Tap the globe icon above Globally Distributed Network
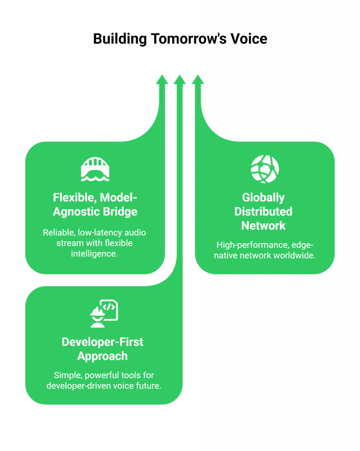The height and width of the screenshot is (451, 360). (265, 169)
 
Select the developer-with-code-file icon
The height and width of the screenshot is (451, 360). (104, 314)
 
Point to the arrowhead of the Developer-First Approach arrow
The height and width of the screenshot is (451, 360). (179, 80)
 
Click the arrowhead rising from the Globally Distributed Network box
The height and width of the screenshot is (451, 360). (198, 80)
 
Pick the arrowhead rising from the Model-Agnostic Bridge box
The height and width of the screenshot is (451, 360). (162, 80)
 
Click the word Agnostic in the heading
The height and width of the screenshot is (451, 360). (76, 211)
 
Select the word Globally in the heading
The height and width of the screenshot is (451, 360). (264, 197)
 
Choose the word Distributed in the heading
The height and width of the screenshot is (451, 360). (264, 211)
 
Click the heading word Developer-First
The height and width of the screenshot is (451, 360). (103, 342)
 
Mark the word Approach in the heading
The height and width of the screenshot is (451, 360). (103, 356)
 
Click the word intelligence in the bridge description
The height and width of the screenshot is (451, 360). (94, 254)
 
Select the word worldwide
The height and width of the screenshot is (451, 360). (295, 255)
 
